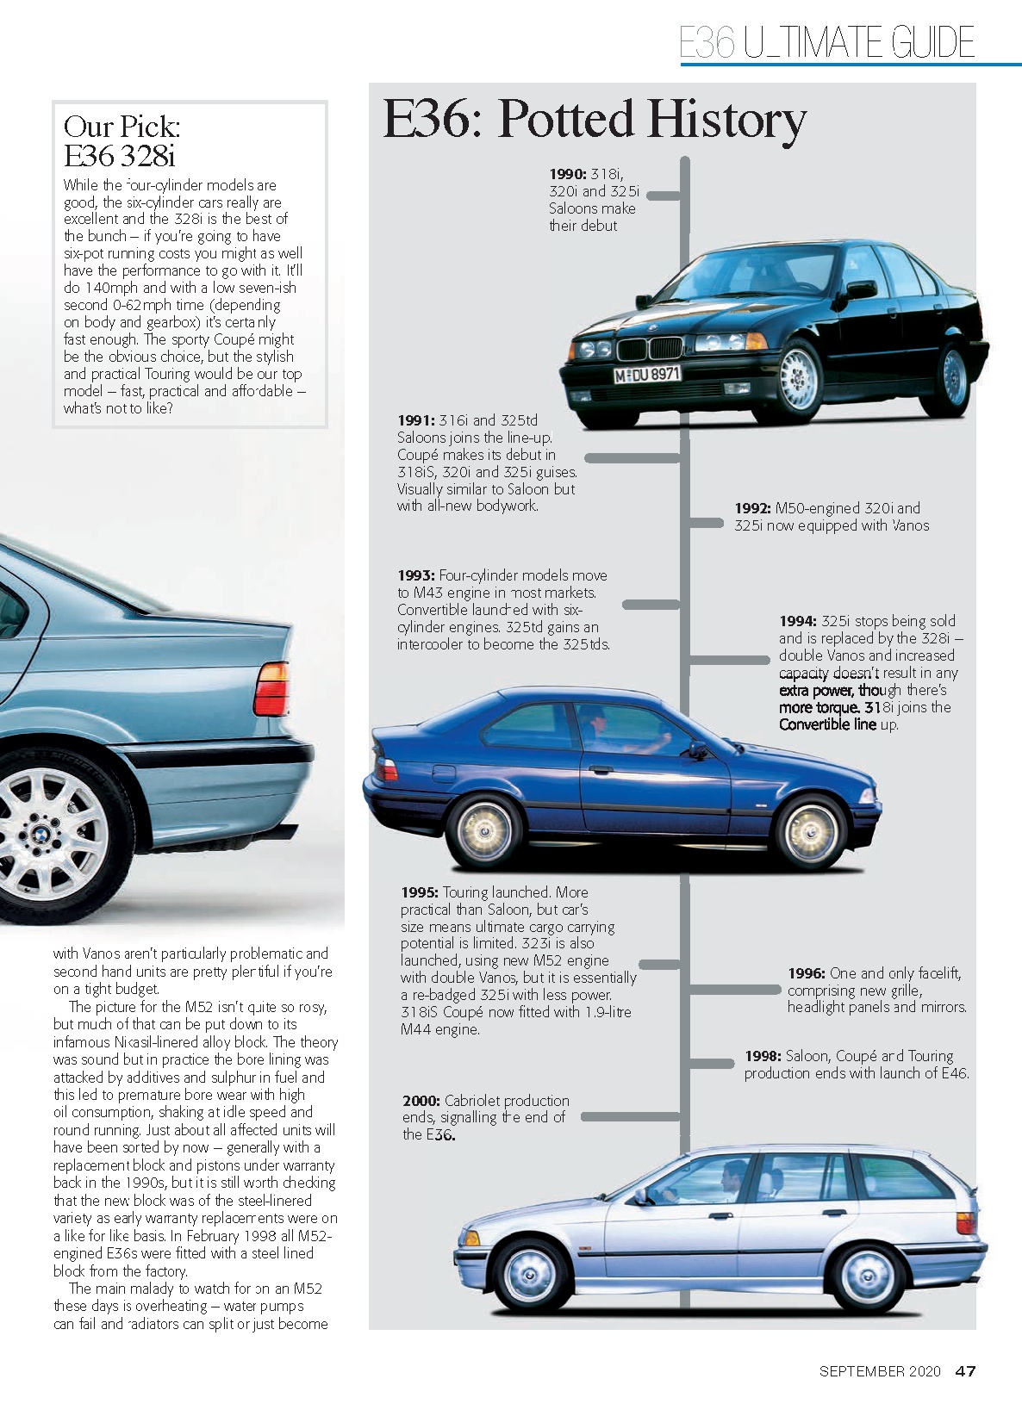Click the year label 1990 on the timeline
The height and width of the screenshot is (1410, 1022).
(x=567, y=174)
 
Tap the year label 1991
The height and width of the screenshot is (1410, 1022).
(x=415, y=420)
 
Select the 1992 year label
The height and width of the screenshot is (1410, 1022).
(x=752, y=508)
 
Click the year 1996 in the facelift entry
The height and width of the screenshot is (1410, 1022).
(x=806, y=973)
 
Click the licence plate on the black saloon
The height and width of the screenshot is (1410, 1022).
(x=647, y=375)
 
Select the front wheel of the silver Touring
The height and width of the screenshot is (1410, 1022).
(x=530, y=1275)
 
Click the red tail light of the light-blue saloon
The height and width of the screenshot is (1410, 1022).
(x=271, y=689)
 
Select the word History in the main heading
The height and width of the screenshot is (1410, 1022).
(x=726, y=121)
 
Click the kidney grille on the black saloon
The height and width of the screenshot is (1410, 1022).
(x=649, y=347)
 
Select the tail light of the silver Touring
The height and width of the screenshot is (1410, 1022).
(x=966, y=1221)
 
